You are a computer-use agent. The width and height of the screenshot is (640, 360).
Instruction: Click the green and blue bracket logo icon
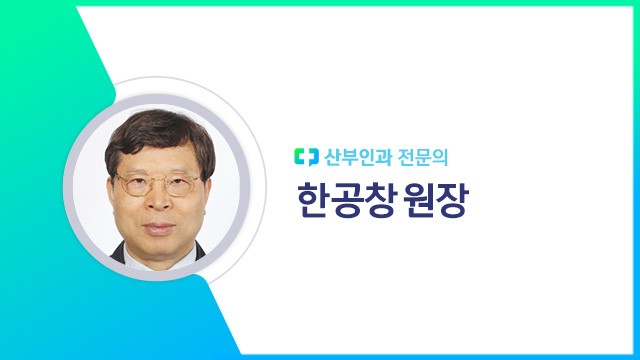305,157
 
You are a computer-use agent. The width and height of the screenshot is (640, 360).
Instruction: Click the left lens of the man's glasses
135,185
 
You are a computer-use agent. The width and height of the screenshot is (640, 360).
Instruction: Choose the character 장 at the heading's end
455,201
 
